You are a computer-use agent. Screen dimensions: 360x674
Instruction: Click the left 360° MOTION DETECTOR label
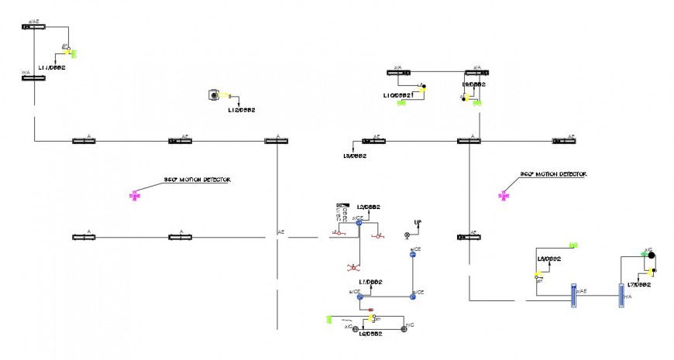197,180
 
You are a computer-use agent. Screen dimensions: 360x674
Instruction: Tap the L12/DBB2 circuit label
241,111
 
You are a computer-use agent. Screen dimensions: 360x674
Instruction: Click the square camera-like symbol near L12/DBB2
213,95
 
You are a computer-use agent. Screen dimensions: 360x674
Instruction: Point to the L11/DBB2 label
52,68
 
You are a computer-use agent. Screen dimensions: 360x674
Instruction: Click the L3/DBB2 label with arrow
355,156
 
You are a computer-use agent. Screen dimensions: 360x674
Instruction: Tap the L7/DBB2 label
638,285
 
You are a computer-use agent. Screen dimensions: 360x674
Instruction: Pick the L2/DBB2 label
368,207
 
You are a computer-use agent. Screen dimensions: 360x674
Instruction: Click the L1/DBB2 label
370,282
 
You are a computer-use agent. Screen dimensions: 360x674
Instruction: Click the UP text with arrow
418,223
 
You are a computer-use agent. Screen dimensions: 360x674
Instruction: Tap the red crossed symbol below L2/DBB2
352,267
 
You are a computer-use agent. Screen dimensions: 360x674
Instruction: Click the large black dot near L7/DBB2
652,255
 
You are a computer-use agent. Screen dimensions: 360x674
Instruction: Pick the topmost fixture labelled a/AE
33,26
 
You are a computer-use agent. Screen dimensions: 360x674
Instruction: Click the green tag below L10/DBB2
401,102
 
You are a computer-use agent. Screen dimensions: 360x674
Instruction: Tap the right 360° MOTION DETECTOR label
553,175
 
